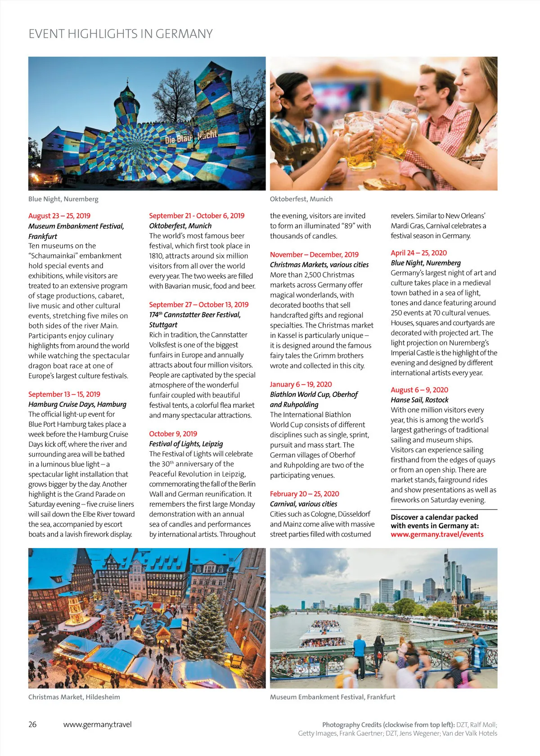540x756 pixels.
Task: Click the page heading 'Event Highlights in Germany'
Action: (121, 34)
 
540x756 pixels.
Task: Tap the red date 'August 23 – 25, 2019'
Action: (59, 216)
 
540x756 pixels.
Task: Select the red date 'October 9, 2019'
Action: (173, 434)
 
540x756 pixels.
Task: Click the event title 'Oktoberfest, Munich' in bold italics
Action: (180, 226)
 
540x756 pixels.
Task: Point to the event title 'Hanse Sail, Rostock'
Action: (419, 400)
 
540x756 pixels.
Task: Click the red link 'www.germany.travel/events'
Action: (437, 535)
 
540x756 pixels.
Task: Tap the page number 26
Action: (32, 724)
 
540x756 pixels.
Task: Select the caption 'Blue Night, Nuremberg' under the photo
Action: (63, 199)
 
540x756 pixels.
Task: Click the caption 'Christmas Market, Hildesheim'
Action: (74, 697)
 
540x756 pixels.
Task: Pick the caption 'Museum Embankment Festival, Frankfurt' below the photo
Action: (333, 697)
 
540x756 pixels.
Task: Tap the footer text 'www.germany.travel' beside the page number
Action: (98, 724)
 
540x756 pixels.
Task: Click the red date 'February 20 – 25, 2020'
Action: (305, 494)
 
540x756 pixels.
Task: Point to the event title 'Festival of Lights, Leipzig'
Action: (186, 444)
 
